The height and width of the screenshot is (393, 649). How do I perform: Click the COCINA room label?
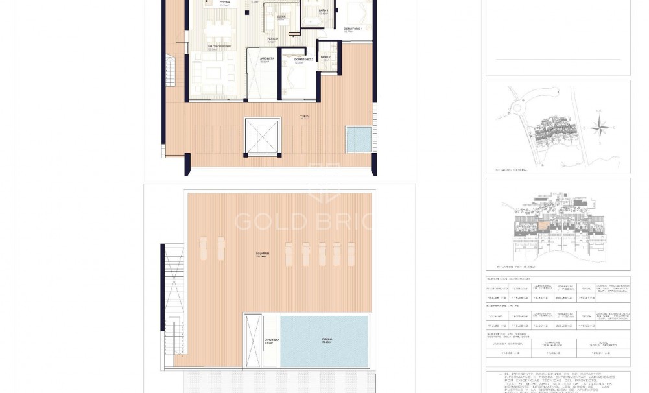(x=224, y=3)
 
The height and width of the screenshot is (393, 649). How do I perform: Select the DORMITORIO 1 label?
(x=353, y=29)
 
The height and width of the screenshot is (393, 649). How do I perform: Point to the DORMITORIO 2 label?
(x=303, y=60)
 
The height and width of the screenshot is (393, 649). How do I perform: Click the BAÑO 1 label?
(x=323, y=11)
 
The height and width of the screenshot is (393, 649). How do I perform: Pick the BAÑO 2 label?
(x=325, y=57)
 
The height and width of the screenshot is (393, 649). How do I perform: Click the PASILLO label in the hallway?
(x=273, y=39)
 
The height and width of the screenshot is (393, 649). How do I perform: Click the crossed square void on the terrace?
(x=263, y=137)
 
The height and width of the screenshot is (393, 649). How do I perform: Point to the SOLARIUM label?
(x=262, y=254)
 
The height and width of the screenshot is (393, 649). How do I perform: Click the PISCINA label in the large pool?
(x=327, y=339)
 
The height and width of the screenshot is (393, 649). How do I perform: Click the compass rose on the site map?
(x=600, y=128)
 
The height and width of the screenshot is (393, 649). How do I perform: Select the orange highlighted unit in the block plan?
(x=543, y=227)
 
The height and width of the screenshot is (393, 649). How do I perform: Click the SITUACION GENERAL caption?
(x=512, y=170)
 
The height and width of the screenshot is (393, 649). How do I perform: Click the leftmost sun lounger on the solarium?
(x=204, y=249)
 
